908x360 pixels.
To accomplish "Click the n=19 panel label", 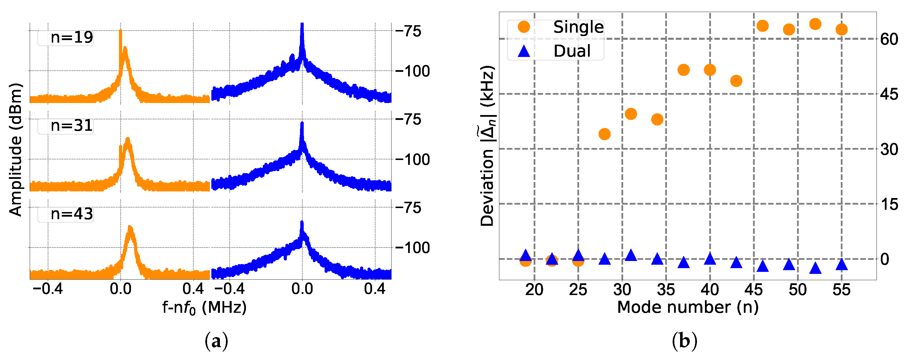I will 71,37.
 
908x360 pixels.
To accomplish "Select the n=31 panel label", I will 71,126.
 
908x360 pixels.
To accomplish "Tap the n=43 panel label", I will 71,214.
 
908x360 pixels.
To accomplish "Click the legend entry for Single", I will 578,27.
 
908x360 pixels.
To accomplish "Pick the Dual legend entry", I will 572,51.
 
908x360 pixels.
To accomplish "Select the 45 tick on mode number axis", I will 754,290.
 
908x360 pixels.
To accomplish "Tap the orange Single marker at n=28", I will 605,134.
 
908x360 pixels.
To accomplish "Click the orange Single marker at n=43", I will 736,81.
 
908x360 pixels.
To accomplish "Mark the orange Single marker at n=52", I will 815,24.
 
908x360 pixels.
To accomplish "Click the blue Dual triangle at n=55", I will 841,264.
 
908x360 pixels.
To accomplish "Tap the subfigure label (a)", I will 216,341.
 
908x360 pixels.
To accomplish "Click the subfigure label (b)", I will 684,341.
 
